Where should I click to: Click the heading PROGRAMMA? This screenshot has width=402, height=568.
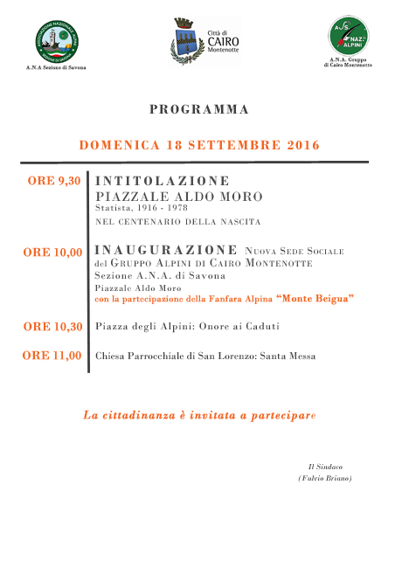199,109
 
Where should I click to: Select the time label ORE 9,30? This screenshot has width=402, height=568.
56,181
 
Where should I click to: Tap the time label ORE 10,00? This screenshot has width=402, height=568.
53,253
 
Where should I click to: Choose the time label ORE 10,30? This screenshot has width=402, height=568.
53,327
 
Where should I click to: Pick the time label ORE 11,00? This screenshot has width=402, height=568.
53,356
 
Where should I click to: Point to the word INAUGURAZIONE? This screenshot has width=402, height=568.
165,249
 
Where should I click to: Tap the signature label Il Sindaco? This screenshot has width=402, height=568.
323,466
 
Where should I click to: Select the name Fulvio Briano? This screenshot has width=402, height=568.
324,478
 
